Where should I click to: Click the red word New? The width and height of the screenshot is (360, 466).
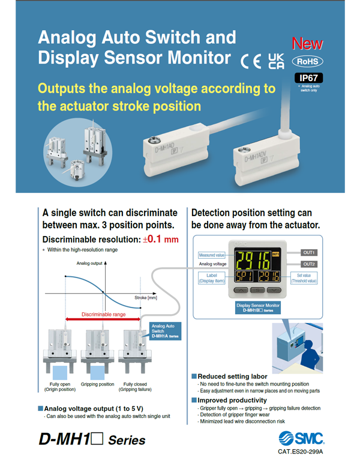[307, 44]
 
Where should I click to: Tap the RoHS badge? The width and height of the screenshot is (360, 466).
[307, 61]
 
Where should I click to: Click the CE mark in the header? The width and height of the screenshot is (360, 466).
[251, 60]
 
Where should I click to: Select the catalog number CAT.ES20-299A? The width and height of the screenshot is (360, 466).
[300, 452]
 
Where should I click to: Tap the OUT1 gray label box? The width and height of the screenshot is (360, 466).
[309, 252]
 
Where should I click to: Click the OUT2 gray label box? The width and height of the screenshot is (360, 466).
[309, 264]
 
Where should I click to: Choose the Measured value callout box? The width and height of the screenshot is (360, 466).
[211, 255]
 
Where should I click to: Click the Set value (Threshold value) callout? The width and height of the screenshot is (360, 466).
[304, 278]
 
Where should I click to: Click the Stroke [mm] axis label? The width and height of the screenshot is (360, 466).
[147, 298]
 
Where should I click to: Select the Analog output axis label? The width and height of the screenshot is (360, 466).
[89, 264]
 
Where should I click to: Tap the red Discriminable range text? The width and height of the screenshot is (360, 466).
[103, 314]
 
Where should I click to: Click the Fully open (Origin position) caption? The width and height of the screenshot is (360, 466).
[62, 386]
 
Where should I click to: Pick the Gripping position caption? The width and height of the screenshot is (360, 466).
[98, 384]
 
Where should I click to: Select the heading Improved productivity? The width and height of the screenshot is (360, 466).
[232, 400]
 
